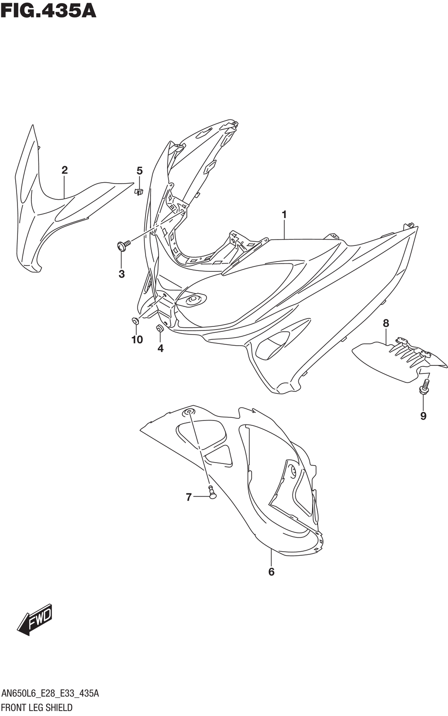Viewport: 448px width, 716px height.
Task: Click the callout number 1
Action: click(284, 215)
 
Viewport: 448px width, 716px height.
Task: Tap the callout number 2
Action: click(65, 170)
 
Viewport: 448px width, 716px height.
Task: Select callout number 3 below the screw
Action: click(121, 274)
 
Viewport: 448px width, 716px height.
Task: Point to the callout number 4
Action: click(160, 348)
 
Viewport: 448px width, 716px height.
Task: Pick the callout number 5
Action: click(139, 171)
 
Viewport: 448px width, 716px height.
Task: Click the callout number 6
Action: click(271, 572)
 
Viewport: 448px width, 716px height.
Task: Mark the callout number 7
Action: click(189, 497)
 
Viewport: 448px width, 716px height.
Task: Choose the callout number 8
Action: click(386, 323)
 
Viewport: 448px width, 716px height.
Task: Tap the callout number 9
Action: click(423, 416)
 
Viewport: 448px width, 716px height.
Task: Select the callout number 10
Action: click(137, 339)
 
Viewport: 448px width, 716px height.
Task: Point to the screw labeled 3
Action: click(124, 245)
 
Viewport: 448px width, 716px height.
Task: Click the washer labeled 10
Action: click(135, 321)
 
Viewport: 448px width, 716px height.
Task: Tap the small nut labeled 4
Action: click(159, 328)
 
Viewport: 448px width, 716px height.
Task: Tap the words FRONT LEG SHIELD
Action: click(37, 707)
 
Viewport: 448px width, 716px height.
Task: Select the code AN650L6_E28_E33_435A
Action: click(50, 693)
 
